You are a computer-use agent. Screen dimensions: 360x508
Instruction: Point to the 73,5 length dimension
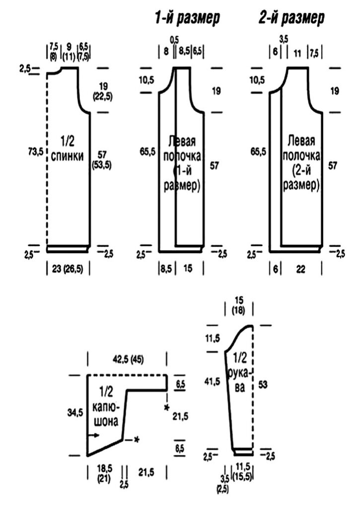[35, 151]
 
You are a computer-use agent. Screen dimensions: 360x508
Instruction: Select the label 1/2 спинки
[68, 149]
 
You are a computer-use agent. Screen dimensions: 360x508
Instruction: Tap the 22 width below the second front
[300, 269]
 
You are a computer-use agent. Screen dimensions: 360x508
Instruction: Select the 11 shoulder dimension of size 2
[297, 54]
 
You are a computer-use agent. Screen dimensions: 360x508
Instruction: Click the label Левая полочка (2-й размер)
[301, 163]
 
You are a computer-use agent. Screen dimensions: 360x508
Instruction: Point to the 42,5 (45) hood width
[128, 359]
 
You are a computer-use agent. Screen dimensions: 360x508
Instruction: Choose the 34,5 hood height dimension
[75, 413]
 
